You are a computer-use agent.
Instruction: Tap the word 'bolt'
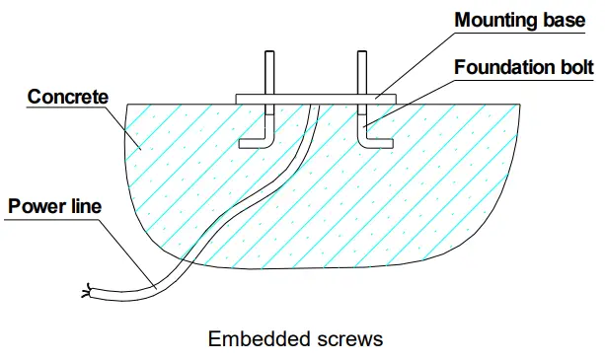click(x=575, y=68)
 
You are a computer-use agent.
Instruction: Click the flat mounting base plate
click(x=316, y=99)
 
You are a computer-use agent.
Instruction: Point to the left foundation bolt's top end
click(x=269, y=53)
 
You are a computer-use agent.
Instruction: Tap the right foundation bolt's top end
click(x=361, y=53)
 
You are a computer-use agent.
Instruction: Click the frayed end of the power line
click(x=88, y=291)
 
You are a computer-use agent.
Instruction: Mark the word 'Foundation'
click(x=503, y=68)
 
